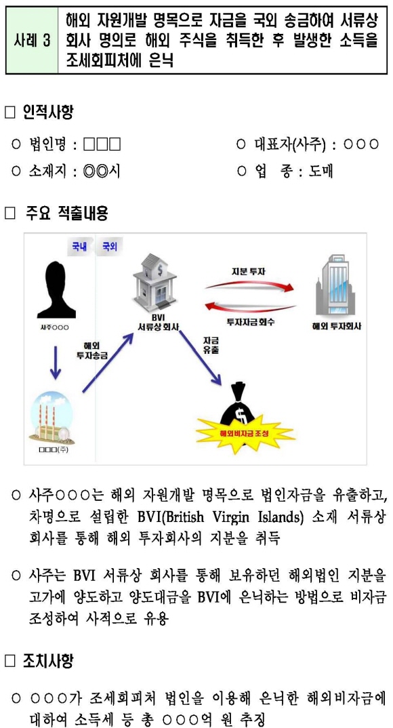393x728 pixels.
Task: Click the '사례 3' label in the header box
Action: (x=32, y=41)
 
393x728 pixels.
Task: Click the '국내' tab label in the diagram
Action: (x=75, y=247)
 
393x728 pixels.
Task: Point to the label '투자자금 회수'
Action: (x=249, y=322)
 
